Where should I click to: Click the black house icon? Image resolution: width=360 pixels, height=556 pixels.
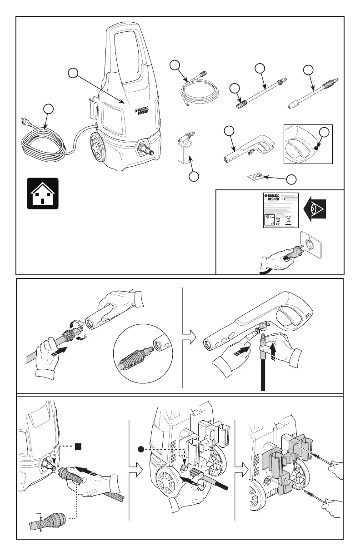pyautogui.click(x=42, y=193)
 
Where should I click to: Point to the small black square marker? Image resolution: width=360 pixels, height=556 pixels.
pyautogui.click(x=78, y=446)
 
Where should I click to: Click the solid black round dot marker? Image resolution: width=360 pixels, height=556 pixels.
pyautogui.click(x=141, y=450)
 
